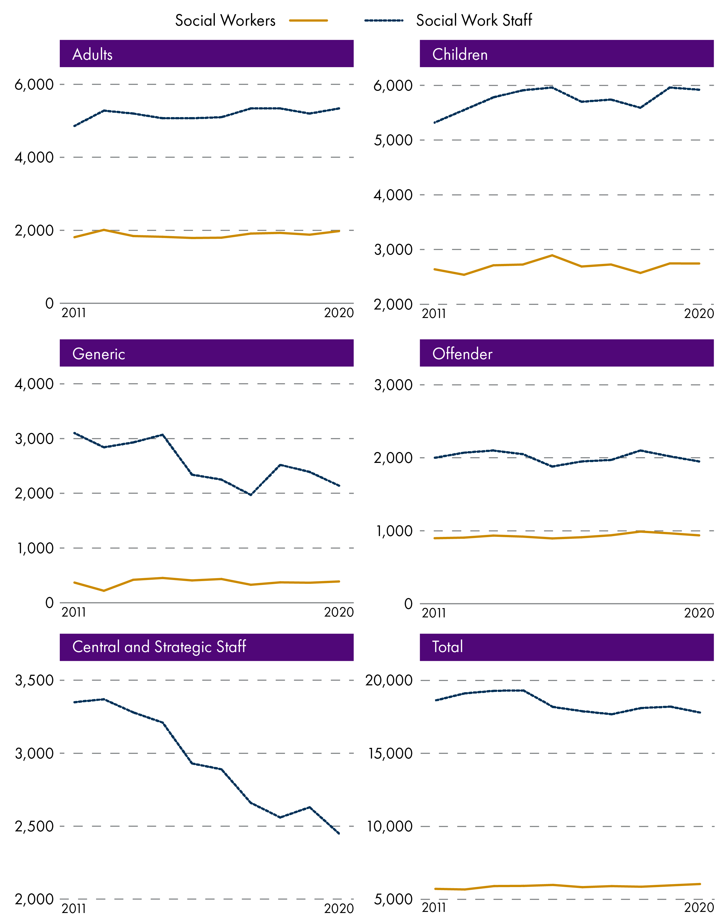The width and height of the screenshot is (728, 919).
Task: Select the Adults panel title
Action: [93, 55]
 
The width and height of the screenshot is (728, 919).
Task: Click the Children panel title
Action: [460, 55]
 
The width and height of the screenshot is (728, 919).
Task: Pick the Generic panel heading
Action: [99, 354]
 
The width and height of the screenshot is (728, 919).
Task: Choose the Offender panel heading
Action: [462, 354]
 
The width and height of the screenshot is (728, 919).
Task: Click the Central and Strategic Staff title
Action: [159, 647]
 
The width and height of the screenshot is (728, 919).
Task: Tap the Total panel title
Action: [448, 647]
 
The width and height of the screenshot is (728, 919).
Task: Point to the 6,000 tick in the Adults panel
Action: [34, 84]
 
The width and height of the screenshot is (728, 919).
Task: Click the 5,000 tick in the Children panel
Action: [393, 140]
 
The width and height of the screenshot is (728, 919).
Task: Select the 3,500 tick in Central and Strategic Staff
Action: [34, 680]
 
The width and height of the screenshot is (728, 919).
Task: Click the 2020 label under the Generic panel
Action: [339, 612]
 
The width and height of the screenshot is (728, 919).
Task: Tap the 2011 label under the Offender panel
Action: [434, 613]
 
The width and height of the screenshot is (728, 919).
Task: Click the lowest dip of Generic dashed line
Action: [251, 495]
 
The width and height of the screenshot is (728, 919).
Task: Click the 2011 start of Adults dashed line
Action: [74, 126]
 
